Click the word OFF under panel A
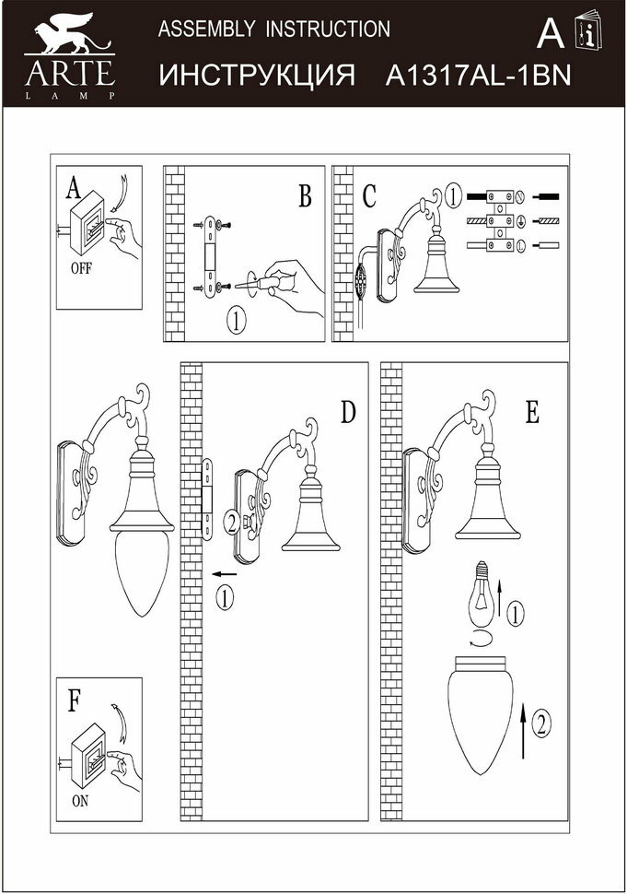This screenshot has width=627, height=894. coord(81,270)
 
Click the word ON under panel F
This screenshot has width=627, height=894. coord(80,801)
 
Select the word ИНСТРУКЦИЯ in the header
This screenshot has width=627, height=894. coord(257,76)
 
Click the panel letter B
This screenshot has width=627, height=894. coord(305,196)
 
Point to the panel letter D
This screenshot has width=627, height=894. coord(348,412)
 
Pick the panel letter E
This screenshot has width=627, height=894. coord(531,412)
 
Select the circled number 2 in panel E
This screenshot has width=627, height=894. coord(542,723)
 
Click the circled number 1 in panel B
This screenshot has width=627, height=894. coord(236,323)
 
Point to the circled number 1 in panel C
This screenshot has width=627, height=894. coord(452,195)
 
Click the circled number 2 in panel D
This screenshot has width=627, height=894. coord(230,523)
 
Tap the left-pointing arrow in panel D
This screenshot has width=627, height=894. coord(224,574)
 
